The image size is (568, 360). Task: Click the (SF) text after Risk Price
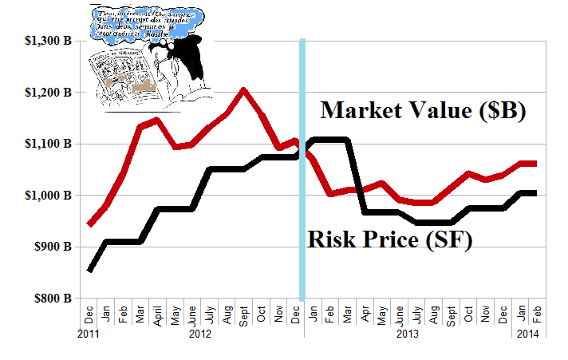[449, 239]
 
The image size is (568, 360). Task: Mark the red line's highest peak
[243, 90]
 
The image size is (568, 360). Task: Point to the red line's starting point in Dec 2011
[89, 224]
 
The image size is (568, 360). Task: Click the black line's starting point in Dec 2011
[89, 270]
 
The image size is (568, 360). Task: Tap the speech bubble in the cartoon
[160, 20]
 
